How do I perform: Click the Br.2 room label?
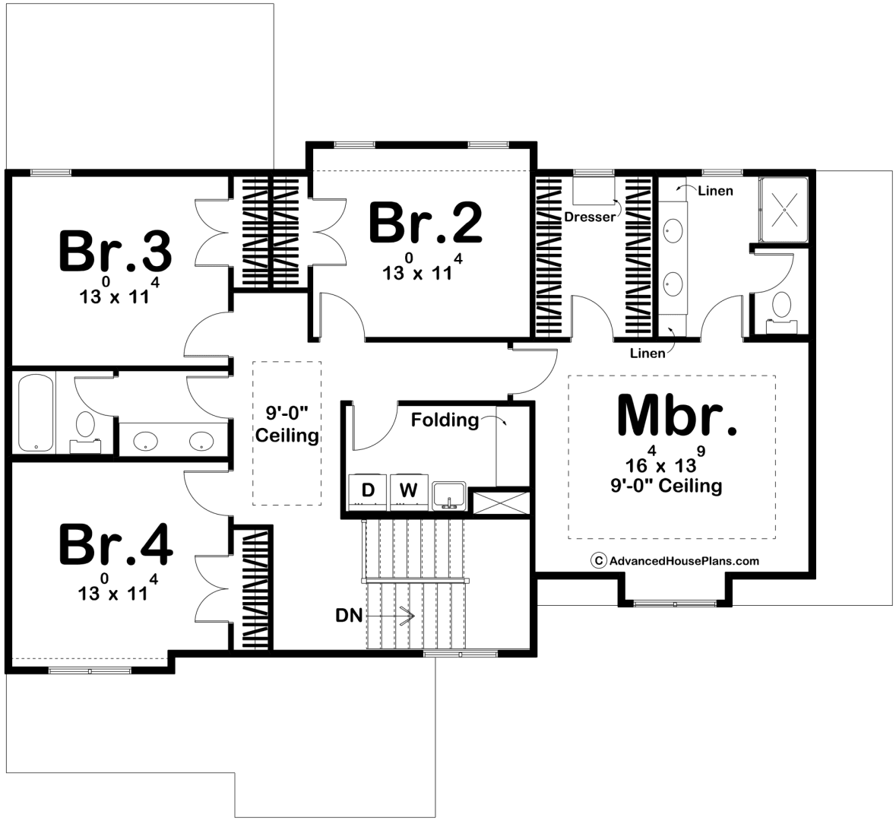point(426,223)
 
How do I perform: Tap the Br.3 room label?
point(115,250)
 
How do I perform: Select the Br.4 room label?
point(116,545)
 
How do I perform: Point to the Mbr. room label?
point(677,416)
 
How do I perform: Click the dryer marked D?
point(368,490)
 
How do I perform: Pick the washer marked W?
point(409,490)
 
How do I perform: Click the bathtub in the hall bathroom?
point(36,412)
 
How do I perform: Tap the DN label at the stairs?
point(349,616)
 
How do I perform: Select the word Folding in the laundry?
point(445,420)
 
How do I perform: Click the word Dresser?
point(590,217)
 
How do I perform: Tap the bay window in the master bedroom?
point(675,603)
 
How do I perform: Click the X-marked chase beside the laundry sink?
point(502,502)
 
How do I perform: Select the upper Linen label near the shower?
point(715,191)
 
